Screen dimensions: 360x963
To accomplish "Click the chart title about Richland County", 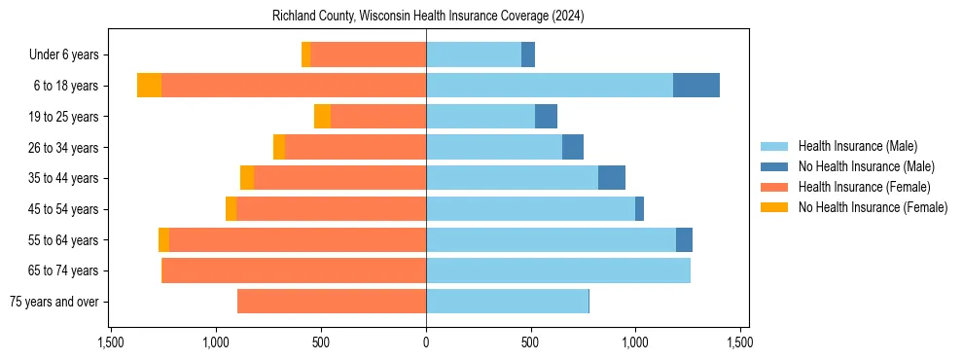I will point(427,16).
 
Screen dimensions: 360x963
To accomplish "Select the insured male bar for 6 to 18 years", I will point(550,86).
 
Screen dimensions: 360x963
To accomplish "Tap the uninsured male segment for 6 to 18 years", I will point(696,86).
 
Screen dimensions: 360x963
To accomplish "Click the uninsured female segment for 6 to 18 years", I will point(149,86).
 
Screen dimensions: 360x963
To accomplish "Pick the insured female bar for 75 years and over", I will point(332,302).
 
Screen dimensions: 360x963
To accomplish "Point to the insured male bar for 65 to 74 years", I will point(558,270).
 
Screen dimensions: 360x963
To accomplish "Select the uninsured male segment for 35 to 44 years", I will point(612,178).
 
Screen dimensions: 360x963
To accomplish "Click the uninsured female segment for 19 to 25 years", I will point(322,117).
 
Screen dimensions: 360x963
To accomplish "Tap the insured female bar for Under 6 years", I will point(368,54).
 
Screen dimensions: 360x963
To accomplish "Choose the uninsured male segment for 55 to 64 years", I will point(684,239).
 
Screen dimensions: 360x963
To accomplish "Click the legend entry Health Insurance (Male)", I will point(857,146).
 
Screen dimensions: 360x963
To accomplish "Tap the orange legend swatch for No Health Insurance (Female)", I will point(774,207).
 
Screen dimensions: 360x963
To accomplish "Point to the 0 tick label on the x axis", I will point(426,342).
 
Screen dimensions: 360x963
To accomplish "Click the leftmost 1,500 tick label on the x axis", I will point(111,342).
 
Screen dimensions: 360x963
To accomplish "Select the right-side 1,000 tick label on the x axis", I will point(635,342).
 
